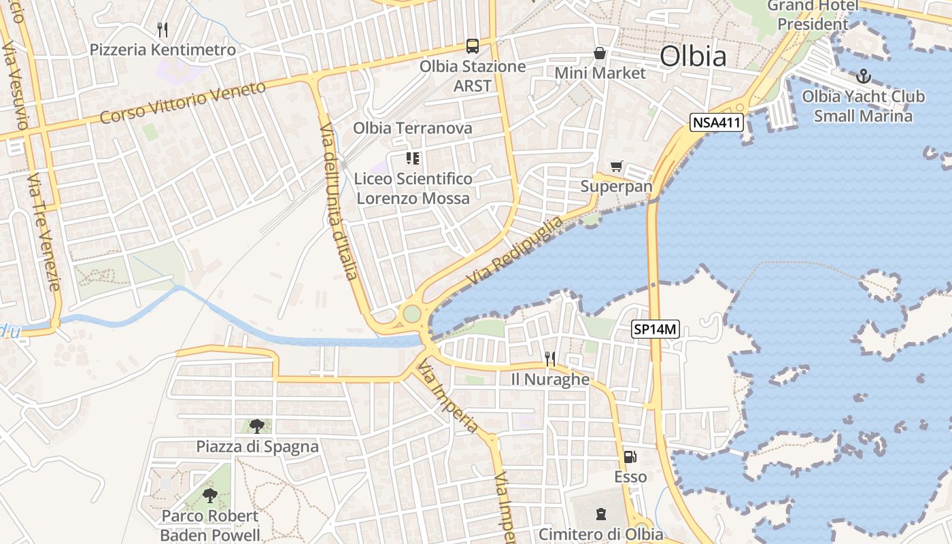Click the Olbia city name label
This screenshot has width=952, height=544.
click(x=693, y=56)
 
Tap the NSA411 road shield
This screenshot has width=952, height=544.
click(x=717, y=122)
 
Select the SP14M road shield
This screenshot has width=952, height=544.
click(x=656, y=329)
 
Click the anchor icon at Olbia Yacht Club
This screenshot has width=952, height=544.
click(x=863, y=75)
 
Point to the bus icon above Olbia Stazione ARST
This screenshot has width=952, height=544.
click(x=472, y=46)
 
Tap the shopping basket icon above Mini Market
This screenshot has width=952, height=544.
click(x=600, y=52)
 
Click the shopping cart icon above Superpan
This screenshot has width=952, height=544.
click(x=616, y=166)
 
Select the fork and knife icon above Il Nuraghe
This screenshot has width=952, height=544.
click(x=550, y=358)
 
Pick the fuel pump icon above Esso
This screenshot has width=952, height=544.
click(x=630, y=457)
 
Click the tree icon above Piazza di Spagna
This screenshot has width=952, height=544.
click(x=256, y=426)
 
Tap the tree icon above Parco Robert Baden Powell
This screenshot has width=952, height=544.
click(x=210, y=495)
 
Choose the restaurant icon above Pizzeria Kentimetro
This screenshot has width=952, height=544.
click(x=163, y=29)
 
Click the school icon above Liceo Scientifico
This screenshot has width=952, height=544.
click(x=413, y=158)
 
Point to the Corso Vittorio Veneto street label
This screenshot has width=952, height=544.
click(x=182, y=103)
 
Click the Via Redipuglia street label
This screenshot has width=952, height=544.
click(x=515, y=251)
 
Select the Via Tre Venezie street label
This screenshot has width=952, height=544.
click(x=44, y=231)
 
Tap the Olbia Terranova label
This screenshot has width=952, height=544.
click(x=412, y=128)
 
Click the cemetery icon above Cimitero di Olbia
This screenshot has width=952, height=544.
click(x=600, y=513)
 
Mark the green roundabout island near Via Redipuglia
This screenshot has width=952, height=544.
click(x=411, y=313)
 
